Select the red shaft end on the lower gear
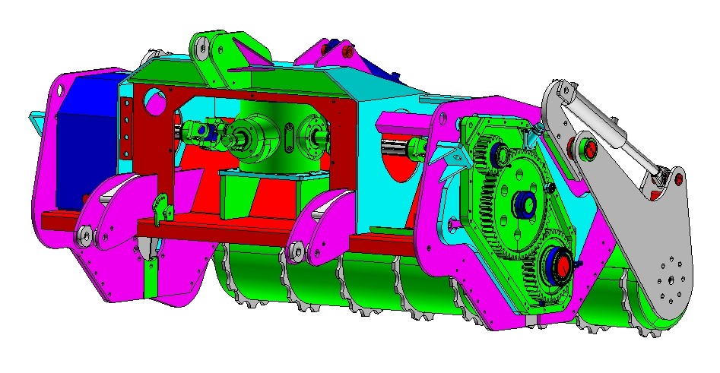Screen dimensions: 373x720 563,267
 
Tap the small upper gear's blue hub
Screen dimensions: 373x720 501,154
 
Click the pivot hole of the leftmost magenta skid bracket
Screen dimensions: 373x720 84,235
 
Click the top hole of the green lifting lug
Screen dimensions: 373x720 201,50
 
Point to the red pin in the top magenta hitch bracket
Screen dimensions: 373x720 347,53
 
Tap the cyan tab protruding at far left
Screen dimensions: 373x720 36,119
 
